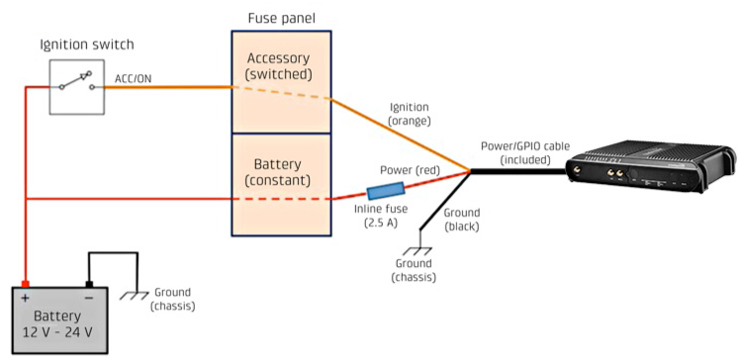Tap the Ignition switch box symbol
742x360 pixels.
click(76, 87)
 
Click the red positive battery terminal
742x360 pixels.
click(25, 284)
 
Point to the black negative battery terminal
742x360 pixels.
click(88, 284)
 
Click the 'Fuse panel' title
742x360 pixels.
click(282, 19)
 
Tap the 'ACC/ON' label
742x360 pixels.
click(134, 78)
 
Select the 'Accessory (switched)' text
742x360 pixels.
click(279, 66)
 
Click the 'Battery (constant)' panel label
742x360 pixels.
click(278, 172)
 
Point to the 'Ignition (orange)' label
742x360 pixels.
click(410, 114)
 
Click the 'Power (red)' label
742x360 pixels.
click(410, 170)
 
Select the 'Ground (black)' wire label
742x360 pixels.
click(461, 220)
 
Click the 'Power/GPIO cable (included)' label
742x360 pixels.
click(525, 152)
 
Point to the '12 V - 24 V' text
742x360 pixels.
click(57, 331)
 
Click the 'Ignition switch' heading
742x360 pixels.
click(87, 45)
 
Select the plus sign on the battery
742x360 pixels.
click(25, 299)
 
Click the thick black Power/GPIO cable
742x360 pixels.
click(518, 172)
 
